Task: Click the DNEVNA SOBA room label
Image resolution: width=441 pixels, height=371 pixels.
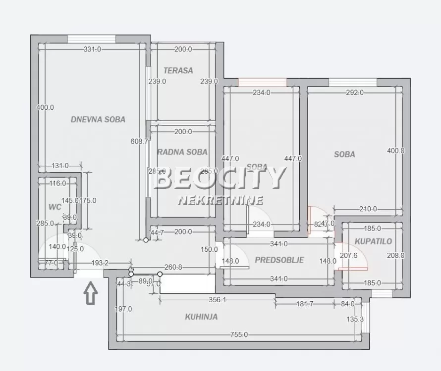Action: (98, 119)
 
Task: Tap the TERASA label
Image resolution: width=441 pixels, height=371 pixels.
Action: (178, 70)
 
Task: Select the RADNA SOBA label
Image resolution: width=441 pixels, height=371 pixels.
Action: (182, 152)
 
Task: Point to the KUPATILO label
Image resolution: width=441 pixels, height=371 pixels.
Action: (373, 241)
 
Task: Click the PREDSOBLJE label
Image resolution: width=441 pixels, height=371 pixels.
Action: (279, 260)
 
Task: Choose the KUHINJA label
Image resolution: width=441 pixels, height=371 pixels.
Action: (201, 317)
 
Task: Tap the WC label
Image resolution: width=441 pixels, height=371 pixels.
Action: (55, 207)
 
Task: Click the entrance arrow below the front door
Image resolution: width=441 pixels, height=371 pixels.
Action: (91, 292)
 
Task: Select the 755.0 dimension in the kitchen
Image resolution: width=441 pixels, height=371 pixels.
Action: (239, 335)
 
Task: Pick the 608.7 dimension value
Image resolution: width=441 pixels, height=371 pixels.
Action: (139, 141)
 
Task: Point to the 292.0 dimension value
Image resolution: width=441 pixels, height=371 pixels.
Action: (355, 92)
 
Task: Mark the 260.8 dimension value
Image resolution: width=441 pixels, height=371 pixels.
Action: (173, 267)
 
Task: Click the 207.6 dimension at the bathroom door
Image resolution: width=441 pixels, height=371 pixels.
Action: (349, 256)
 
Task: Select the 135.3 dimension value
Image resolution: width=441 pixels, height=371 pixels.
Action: (355, 319)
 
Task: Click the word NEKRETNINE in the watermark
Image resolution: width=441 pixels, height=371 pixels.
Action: (220, 200)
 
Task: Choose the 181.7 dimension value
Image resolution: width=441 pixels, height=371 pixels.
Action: (304, 304)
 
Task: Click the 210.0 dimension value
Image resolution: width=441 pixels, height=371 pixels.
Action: (368, 209)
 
